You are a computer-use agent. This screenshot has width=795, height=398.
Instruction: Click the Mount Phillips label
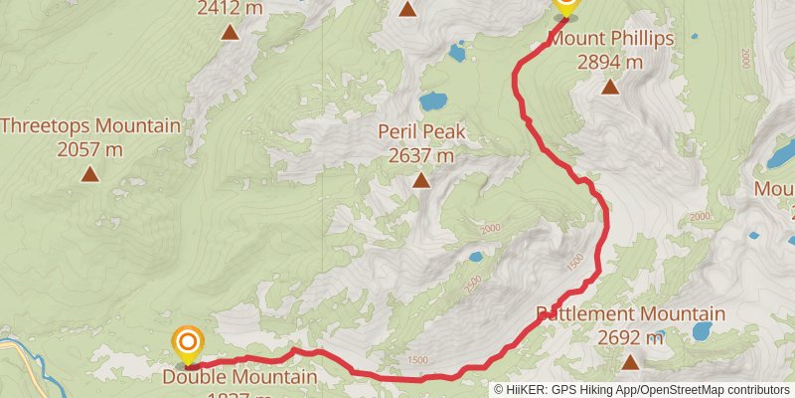coord(612,39)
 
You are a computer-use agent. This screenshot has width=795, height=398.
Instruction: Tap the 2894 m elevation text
coord(610,61)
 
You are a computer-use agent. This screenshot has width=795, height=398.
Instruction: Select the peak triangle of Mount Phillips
coord(610,87)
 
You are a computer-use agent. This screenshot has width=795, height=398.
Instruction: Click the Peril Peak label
coord(421,132)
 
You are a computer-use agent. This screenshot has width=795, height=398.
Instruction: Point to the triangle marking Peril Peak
coord(421,180)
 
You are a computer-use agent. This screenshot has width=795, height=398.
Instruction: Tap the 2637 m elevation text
coord(421,155)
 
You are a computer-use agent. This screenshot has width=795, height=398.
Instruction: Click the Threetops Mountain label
coord(90,126)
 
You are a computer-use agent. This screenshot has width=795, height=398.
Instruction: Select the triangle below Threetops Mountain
coord(89,174)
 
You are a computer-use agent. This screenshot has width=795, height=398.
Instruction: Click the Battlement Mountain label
coord(632,314)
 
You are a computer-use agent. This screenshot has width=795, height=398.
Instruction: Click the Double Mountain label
coord(239,377)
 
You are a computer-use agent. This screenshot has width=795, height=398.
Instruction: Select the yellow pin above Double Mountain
coord(187,343)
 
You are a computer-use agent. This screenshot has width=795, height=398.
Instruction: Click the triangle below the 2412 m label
coord(230,32)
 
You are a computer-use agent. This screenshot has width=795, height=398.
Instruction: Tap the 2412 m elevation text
coord(230,9)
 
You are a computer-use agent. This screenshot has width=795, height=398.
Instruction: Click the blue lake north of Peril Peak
coord(433,100)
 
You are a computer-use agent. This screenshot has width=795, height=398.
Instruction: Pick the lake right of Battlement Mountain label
coord(702,330)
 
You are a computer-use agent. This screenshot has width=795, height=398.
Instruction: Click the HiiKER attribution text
coord(642,390)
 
